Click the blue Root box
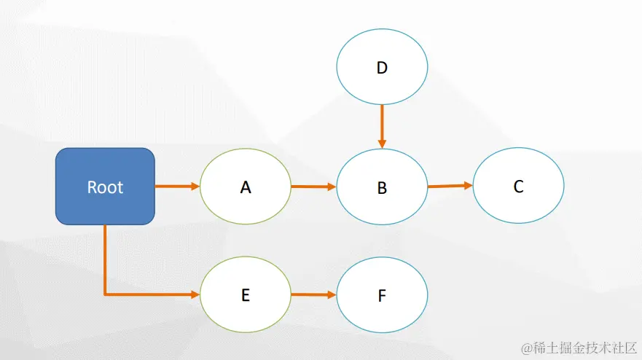(x=105, y=186)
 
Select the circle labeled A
(x=246, y=187)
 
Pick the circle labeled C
(x=518, y=186)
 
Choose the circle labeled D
(x=382, y=68)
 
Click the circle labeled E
(x=246, y=294)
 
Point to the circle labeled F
(x=382, y=295)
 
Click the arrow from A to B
(x=313, y=187)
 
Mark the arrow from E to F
(x=313, y=295)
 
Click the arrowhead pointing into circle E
(x=195, y=294)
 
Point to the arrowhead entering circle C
(x=469, y=185)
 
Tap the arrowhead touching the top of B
(x=382, y=144)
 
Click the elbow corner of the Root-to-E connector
(x=106, y=294)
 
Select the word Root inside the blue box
(x=105, y=187)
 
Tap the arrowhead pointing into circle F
(x=332, y=295)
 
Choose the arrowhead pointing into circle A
(x=195, y=187)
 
